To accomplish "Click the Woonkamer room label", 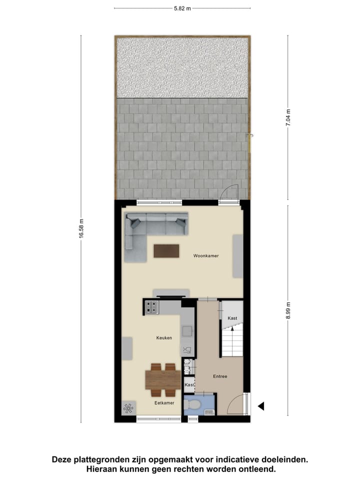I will [206, 256].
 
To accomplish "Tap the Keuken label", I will [164, 338].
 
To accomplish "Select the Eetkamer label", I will [163, 402].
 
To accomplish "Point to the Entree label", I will [220, 376].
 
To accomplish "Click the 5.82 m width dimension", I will [182, 8].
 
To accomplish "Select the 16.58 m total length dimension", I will [81, 228].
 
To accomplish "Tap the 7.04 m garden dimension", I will [288, 118].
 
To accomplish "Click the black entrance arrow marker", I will [260, 406].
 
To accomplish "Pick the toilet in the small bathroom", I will [192, 404].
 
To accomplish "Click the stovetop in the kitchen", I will [152, 307].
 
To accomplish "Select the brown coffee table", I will [166, 250].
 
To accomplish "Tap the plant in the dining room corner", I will [128, 407].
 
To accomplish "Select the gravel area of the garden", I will [182, 67].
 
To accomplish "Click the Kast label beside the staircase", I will [232, 318].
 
